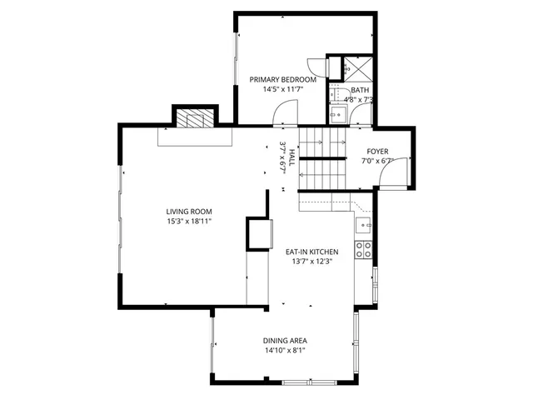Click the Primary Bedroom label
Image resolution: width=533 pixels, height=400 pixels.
point(282,80)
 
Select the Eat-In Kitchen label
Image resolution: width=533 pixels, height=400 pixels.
point(312,251)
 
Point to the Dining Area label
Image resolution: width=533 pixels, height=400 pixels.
point(286,341)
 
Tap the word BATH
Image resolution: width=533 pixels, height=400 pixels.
point(360,90)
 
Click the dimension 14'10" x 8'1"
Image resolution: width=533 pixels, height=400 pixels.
point(286,351)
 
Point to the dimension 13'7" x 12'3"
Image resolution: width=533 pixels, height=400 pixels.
point(312,261)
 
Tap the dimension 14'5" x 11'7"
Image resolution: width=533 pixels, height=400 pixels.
point(282,90)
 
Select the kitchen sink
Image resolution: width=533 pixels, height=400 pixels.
point(363,224)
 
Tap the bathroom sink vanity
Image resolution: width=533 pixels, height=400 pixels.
point(338,114)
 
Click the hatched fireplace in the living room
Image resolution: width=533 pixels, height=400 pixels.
point(195,120)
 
